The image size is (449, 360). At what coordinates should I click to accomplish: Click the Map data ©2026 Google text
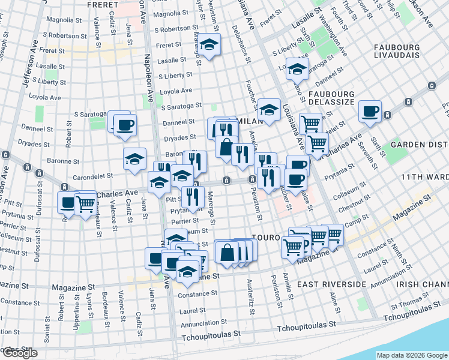click(412, 355)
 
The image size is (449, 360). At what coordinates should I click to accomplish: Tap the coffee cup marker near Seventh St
click(370, 112)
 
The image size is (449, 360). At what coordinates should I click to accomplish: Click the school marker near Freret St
click(209, 44)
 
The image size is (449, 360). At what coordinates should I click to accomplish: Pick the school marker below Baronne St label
click(135, 159)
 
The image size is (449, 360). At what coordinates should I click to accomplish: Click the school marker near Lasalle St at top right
click(297, 70)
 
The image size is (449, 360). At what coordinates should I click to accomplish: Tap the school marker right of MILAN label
click(269, 110)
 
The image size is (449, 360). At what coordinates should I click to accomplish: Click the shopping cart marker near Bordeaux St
click(85, 204)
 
